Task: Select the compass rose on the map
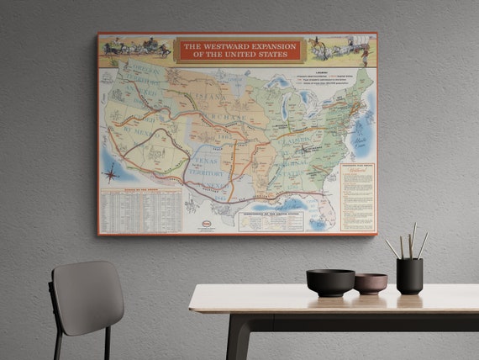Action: pos(111,174)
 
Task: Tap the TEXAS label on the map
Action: pos(203,159)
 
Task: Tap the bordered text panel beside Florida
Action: pos(357,197)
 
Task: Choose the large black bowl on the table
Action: pos(330,282)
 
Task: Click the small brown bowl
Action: pos(371,283)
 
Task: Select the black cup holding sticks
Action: pos(409,276)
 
